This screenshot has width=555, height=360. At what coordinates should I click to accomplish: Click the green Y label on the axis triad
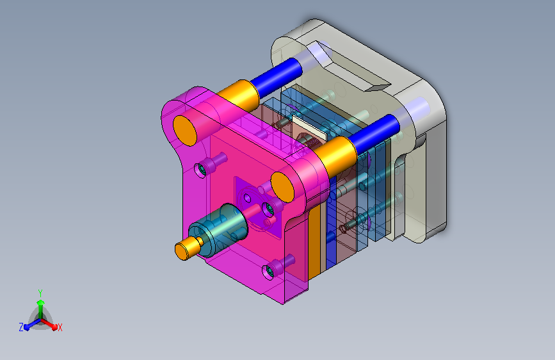[40, 293]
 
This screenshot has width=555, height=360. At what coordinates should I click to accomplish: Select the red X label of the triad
[60, 327]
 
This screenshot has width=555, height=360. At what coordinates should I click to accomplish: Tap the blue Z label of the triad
[21, 327]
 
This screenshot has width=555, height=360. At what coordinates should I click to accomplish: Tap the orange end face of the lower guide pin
[282, 187]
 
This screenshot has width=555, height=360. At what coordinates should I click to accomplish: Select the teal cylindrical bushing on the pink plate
[218, 231]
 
